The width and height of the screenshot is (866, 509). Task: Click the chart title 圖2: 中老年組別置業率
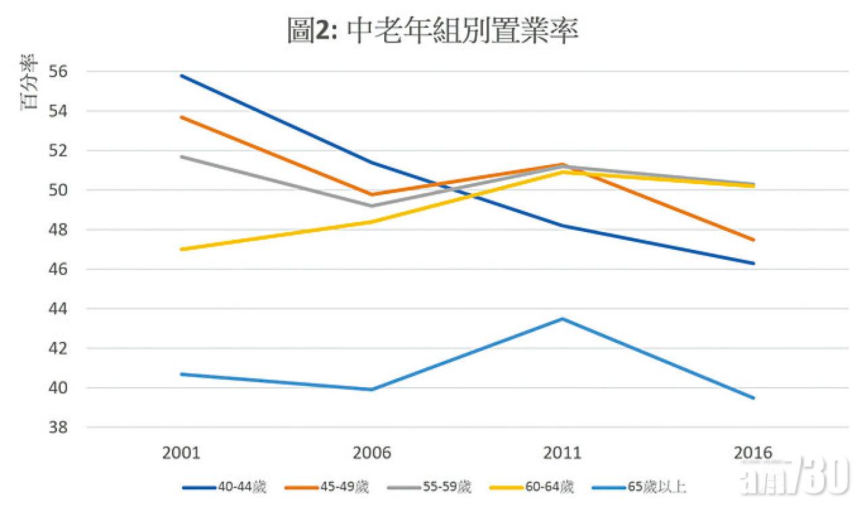(x=433, y=30)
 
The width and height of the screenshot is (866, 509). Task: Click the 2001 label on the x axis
(x=181, y=453)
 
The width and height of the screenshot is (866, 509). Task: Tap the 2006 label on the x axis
(x=372, y=453)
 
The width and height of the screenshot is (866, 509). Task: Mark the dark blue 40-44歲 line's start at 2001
(x=181, y=75)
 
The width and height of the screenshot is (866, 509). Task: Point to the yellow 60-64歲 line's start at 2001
(x=181, y=249)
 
